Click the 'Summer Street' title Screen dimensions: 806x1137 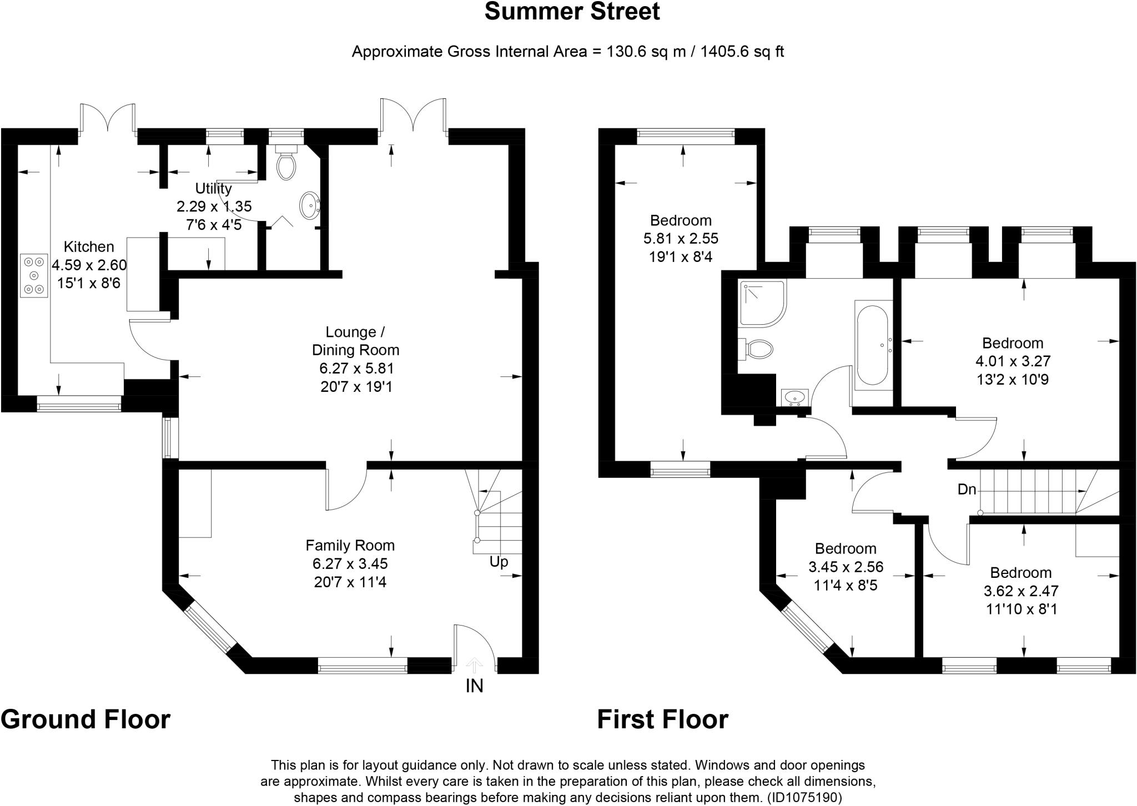click(x=572, y=12)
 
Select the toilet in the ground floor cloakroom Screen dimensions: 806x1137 click(x=286, y=164)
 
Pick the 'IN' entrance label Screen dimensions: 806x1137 click(x=474, y=686)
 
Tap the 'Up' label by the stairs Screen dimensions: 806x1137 click(x=499, y=562)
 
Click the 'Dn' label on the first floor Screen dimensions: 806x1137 click(x=967, y=490)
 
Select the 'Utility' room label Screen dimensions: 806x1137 click(x=213, y=188)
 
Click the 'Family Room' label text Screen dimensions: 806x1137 click(x=350, y=546)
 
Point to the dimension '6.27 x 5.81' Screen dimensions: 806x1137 click(x=356, y=369)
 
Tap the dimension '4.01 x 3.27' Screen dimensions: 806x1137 click(x=1013, y=362)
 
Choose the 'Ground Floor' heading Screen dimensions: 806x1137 click(x=85, y=719)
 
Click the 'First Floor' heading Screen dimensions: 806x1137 click(x=662, y=719)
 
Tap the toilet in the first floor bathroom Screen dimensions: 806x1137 click(x=757, y=349)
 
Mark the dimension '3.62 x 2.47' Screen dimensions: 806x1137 click(x=1020, y=591)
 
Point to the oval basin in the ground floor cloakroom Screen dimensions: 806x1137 click(x=309, y=205)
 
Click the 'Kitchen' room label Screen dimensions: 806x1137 click(x=89, y=247)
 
